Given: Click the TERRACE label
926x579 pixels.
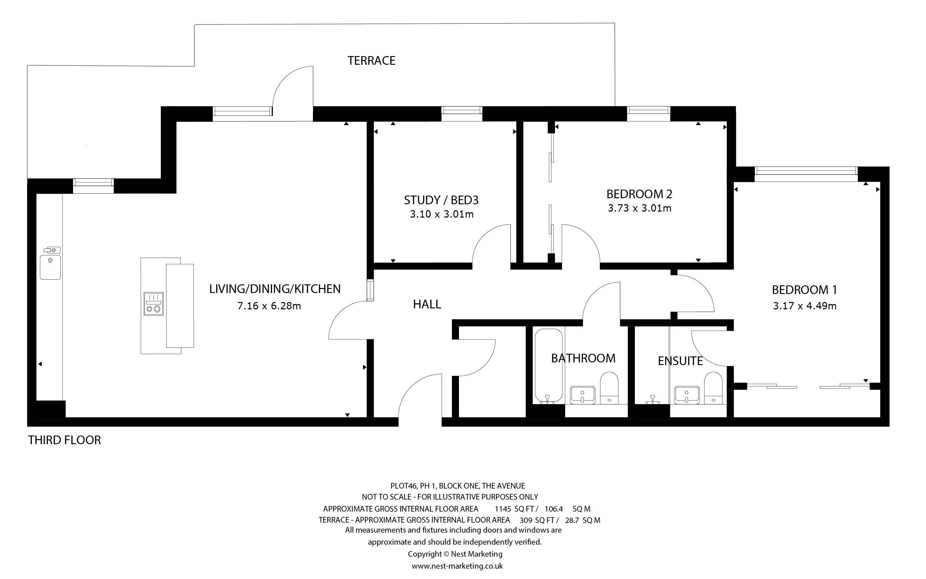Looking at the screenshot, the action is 371,60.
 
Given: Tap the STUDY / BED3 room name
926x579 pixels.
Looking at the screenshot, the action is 441,200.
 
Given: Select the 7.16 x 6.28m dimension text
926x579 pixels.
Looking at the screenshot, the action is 269,306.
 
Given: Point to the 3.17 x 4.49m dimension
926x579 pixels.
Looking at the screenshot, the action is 804,306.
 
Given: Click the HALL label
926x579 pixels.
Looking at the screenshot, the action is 427,304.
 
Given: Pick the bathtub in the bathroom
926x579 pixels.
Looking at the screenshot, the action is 548,366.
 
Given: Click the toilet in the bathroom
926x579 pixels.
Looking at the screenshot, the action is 609,387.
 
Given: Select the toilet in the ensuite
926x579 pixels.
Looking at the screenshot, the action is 713,387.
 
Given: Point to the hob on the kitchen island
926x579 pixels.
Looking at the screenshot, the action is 153,304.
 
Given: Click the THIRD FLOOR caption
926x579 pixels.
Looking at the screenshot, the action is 64,440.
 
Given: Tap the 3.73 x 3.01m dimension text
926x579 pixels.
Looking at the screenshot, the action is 639,208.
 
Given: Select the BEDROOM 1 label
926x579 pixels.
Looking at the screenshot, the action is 804,290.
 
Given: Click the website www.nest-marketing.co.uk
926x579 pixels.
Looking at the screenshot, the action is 457,566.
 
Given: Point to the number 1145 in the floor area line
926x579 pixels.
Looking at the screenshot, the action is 503,509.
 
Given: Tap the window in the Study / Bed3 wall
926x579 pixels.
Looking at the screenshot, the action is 461,111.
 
